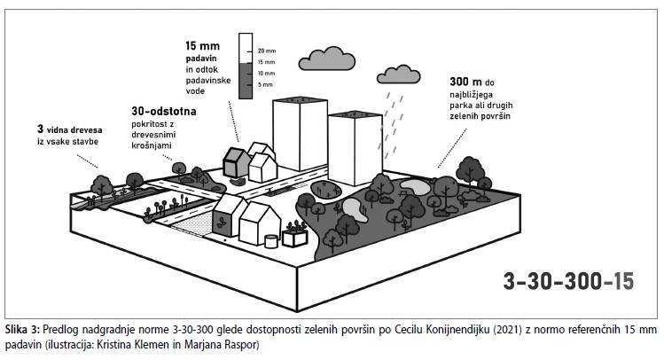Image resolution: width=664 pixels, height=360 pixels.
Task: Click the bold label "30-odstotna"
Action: (164, 113)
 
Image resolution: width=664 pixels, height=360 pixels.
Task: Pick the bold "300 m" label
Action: (466, 82)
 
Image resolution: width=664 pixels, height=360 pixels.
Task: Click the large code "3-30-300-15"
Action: (568, 282)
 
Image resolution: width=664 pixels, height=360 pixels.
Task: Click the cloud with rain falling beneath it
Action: (400, 74)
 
